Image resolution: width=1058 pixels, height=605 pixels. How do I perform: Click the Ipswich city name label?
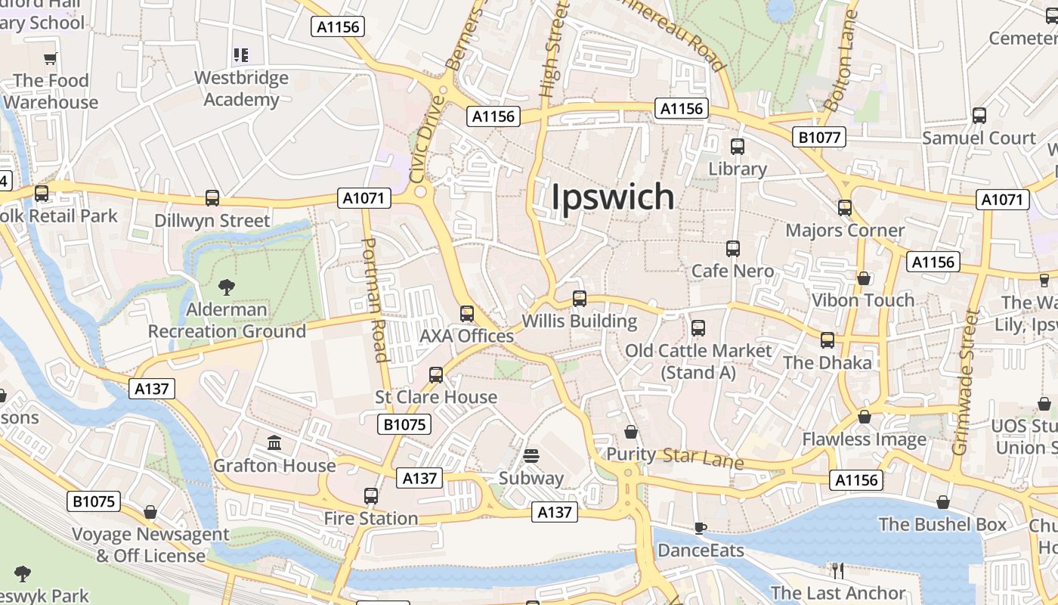[x=612, y=197]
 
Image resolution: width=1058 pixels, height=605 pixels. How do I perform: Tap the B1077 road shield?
[x=818, y=137]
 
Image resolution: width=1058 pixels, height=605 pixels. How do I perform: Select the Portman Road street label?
[x=376, y=300]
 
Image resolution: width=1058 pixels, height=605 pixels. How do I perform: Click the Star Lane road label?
[x=703, y=458]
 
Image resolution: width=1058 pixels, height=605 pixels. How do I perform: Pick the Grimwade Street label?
[x=965, y=381]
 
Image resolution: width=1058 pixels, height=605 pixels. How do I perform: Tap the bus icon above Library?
[x=738, y=147]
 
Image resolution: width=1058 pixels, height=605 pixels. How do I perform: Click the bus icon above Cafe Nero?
[x=732, y=249]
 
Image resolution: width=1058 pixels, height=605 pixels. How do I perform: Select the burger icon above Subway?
[x=532, y=456]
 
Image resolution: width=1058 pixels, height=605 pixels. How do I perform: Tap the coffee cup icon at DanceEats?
[x=700, y=528]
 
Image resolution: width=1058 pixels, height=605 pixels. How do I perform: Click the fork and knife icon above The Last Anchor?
[x=837, y=570]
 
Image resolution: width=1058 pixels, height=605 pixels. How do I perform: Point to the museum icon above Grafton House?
[x=274, y=442]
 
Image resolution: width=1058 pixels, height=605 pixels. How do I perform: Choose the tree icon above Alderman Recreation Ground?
[x=226, y=287]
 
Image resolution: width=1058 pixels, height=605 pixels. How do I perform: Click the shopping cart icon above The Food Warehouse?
[x=51, y=58]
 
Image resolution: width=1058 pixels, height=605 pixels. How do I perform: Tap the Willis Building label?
[x=580, y=321]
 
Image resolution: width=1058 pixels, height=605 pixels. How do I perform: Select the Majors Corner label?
[x=845, y=230]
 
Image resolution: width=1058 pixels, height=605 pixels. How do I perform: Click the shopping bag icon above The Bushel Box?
[x=942, y=502]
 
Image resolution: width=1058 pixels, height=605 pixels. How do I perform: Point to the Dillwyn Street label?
[x=212, y=221]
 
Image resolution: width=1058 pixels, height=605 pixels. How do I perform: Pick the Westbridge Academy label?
[x=241, y=88]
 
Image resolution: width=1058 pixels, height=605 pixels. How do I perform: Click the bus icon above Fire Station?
[x=370, y=496]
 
